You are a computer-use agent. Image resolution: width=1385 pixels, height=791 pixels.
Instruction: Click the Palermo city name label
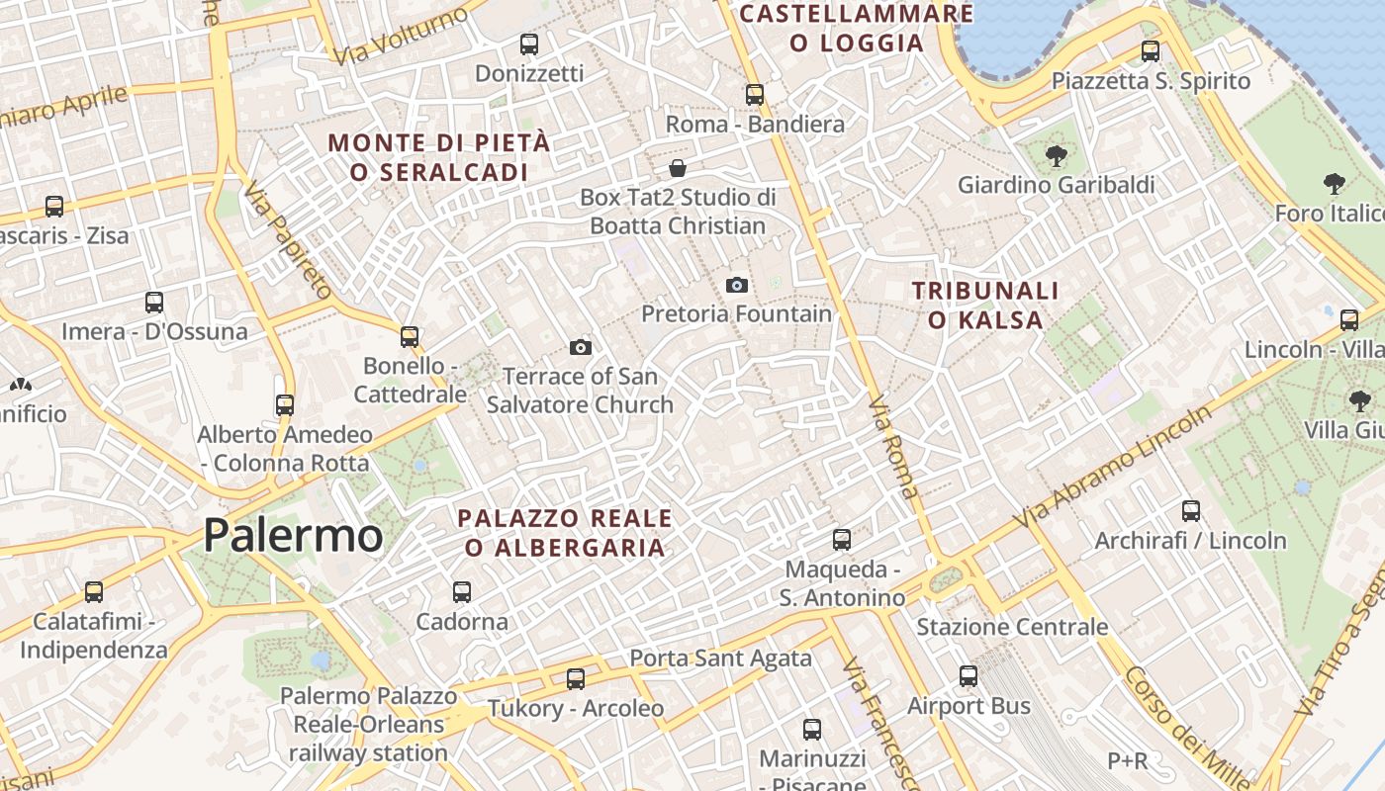tap(293, 535)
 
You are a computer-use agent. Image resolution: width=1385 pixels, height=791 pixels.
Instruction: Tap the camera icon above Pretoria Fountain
tap(737, 286)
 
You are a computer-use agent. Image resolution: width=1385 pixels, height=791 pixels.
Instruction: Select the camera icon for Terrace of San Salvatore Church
tap(581, 347)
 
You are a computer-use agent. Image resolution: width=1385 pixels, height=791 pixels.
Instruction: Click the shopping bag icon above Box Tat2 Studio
tap(678, 168)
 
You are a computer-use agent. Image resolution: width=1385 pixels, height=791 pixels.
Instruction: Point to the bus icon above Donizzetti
tap(529, 44)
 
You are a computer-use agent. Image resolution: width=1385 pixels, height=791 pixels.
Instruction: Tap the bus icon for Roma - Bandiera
tap(755, 95)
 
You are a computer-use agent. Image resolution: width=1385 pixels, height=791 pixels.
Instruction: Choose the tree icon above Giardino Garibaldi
tap(1057, 155)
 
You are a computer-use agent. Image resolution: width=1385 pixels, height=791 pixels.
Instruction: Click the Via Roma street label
tap(893, 446)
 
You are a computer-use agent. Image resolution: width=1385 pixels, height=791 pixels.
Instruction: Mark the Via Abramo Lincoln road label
tap(1113, 466)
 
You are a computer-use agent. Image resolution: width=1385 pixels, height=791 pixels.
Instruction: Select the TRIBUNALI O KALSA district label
tap(985, 306)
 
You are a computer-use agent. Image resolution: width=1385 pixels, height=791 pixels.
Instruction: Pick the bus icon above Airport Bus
tap(969, 676)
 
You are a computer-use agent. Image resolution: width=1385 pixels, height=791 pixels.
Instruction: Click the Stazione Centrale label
tap(1012, 627)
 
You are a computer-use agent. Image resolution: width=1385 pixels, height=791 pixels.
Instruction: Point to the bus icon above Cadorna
tap(462, 592)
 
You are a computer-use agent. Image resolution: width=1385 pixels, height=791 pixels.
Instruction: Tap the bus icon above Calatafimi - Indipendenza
tap(94, 592)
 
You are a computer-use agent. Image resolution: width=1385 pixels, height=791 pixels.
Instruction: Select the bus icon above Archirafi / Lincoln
tap(1191, 511)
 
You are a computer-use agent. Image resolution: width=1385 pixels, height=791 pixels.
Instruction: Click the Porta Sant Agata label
tap(720, 659)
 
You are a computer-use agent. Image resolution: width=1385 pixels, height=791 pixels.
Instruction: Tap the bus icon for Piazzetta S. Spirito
tap(1151, 51)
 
